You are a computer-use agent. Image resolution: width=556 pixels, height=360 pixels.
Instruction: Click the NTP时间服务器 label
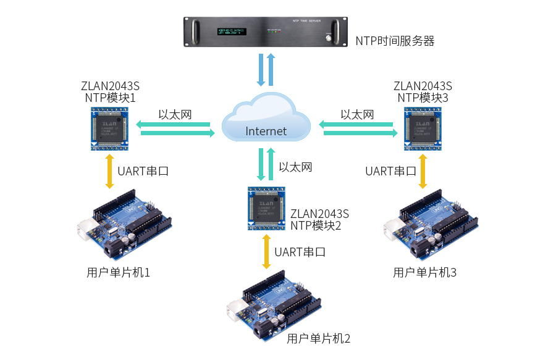[395, 41]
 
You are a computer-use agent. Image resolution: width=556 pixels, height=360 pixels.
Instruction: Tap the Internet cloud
[266, 120]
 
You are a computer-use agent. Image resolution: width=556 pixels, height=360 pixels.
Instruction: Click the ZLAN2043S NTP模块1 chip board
[110, 128]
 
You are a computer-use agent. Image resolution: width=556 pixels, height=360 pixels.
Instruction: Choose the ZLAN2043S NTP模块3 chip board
[423, 128]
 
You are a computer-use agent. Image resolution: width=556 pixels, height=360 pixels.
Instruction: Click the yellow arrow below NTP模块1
[109, 171]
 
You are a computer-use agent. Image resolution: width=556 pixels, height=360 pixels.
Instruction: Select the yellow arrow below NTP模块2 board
[266, 251]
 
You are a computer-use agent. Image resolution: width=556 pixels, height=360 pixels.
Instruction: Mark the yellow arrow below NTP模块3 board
[423, 171]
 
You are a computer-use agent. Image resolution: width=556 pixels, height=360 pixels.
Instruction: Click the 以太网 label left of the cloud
[175, 115]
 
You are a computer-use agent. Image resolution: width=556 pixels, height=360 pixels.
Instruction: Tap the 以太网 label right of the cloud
[357, 115]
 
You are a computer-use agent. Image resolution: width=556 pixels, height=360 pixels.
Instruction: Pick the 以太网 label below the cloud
[295, 167]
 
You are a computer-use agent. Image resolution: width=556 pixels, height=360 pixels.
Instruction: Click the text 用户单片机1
[119, 272]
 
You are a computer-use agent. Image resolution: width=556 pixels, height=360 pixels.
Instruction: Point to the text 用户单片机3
[424, 272]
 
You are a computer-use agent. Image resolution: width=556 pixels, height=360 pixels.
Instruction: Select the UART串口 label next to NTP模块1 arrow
[143, 172]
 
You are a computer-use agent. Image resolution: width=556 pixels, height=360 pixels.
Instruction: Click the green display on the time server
[231, 30]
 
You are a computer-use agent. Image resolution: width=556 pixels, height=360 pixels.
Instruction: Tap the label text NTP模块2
[316, 225]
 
